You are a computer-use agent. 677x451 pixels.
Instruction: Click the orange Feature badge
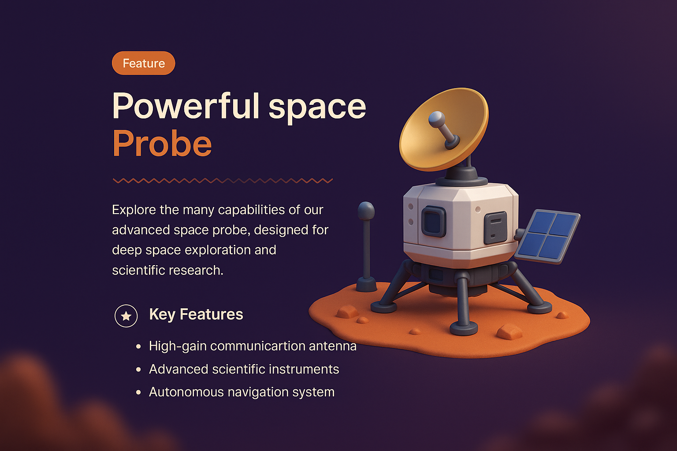tap(144, 63)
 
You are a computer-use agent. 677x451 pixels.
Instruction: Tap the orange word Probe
tap(162, 144)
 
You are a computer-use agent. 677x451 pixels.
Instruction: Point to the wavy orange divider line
tap(223, 181)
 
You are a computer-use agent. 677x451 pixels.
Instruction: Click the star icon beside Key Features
tap(126, 316)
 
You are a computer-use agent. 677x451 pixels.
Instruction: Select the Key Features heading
tap(196, 314)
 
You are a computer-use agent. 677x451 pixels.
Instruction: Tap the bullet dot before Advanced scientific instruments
tap(139, 370)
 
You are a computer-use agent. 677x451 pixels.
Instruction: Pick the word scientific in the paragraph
tap(140, 270)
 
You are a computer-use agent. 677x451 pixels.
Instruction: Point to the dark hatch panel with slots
tap(495, 227)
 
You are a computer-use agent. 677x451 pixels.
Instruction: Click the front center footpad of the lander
tap(464, 328)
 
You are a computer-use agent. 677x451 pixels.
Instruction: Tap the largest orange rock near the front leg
tap(510, 332)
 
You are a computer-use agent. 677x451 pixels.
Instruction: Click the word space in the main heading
tap(317, 106)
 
